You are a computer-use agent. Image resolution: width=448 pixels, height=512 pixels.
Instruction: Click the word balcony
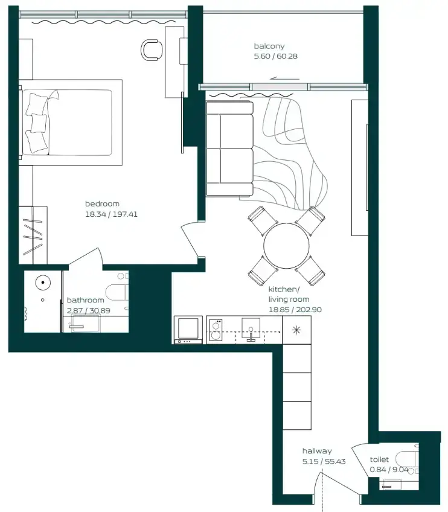(x=269, y=46)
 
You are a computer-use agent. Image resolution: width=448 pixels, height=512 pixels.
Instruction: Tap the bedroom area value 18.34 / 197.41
(x=111, y=214)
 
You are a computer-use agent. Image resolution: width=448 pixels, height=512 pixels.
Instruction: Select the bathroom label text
(x=86, y=300)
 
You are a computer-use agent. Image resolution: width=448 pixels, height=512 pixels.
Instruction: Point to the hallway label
(x=317, y=451)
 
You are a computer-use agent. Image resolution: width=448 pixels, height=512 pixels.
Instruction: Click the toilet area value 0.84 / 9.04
(x=389, y=470)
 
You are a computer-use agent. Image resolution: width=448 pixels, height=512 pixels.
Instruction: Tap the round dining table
(x=286, y=246)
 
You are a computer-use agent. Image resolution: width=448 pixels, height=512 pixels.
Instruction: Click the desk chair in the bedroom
(x=152, y=50)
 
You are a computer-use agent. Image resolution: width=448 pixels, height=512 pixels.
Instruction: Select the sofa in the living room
(x=230, y=149)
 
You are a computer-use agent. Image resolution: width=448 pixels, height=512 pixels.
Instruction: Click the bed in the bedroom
(x=71, y=123)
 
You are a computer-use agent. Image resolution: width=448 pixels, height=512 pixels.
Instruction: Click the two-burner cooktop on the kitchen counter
(x=216, y=330)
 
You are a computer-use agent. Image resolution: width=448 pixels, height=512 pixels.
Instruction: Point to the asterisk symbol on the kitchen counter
(x=296, y=330)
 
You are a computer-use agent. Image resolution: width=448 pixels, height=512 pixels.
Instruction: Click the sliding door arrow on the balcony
(x=284, y=78)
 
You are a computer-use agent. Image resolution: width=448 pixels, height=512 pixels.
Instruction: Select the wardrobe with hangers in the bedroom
(x=33, y=235)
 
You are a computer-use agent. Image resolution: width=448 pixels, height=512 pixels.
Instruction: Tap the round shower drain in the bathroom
(x=43, y=283)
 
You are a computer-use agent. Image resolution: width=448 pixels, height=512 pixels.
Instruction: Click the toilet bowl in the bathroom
(x=117, y=293)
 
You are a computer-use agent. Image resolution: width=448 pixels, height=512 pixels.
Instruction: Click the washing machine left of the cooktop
(x=188, y=330)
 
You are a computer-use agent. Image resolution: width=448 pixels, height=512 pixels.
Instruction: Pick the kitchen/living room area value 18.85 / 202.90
(x=295, y=310)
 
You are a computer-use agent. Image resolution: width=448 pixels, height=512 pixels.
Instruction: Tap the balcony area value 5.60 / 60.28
(x=275, y=56)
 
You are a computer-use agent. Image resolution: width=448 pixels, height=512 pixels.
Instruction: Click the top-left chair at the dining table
(x=263, y=220)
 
